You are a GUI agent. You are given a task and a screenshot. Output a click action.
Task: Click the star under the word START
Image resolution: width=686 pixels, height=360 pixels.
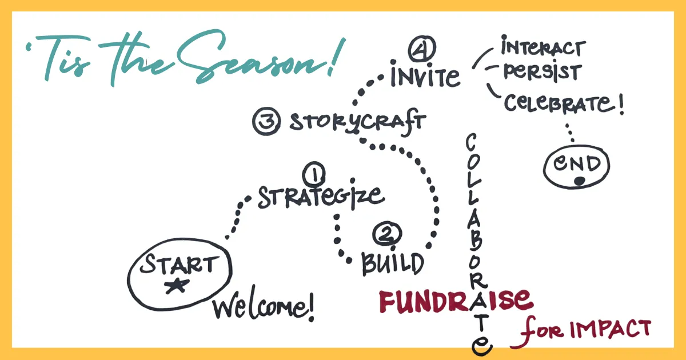tap(177, 286)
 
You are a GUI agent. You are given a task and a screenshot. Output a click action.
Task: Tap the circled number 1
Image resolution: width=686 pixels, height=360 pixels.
tap(314, 174)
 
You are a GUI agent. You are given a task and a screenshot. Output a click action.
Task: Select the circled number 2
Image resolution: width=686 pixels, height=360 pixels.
tap(387, 234)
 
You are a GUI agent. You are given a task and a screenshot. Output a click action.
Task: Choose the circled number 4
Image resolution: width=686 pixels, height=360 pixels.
tap(422, 49)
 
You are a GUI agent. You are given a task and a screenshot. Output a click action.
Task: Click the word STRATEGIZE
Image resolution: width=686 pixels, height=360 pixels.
tap(321, 196)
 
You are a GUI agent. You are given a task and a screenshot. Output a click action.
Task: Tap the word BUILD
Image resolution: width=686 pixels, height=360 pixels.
tap(393, 263)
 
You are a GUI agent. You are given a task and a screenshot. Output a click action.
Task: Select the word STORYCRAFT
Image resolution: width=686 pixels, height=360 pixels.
tap(358, 122)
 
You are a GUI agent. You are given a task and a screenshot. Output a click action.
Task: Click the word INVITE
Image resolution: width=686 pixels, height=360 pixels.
tap(425, 74)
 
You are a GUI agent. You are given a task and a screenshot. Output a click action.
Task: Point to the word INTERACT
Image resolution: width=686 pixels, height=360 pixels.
tap(544, 46)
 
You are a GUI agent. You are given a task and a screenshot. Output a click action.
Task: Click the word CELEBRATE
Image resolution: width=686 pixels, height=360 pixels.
tap(559, 103)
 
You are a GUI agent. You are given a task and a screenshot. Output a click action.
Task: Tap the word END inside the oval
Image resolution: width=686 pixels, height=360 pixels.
tap(577, 163)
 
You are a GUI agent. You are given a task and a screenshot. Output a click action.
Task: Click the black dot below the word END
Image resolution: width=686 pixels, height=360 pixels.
tap(580, 181)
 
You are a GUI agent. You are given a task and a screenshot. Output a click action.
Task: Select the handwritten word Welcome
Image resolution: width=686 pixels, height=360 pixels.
tap(264, 307)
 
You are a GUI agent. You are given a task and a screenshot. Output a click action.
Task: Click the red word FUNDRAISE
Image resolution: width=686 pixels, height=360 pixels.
tap(456, 301)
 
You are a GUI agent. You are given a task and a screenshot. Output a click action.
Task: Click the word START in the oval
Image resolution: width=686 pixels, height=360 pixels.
tap(180, 264)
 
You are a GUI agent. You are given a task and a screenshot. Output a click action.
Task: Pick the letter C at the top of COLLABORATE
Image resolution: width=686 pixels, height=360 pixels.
tap(471, 142)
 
